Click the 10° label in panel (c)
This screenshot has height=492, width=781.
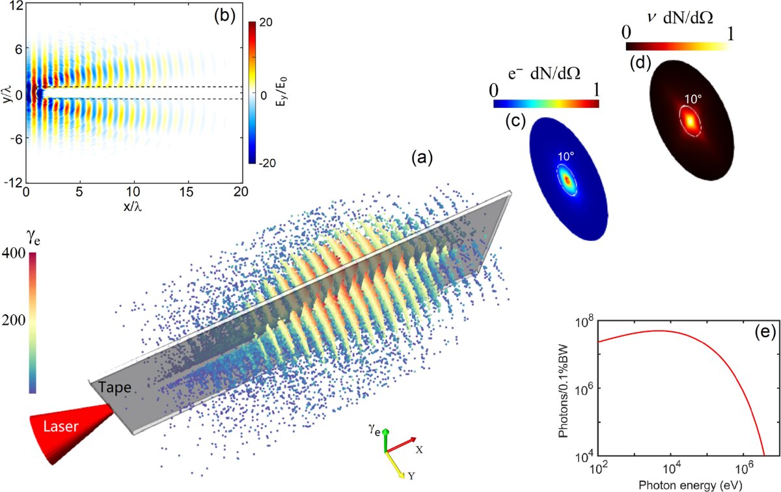566,157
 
